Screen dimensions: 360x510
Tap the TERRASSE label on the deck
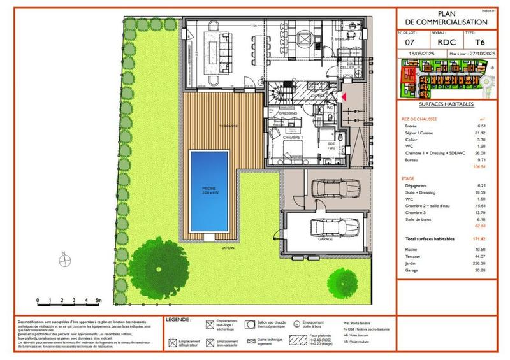[x=228, y=126]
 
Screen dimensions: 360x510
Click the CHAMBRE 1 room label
[x=293, y=138]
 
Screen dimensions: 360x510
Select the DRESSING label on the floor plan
[x=288, y=113]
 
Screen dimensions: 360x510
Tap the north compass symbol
[x=63, y=260]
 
